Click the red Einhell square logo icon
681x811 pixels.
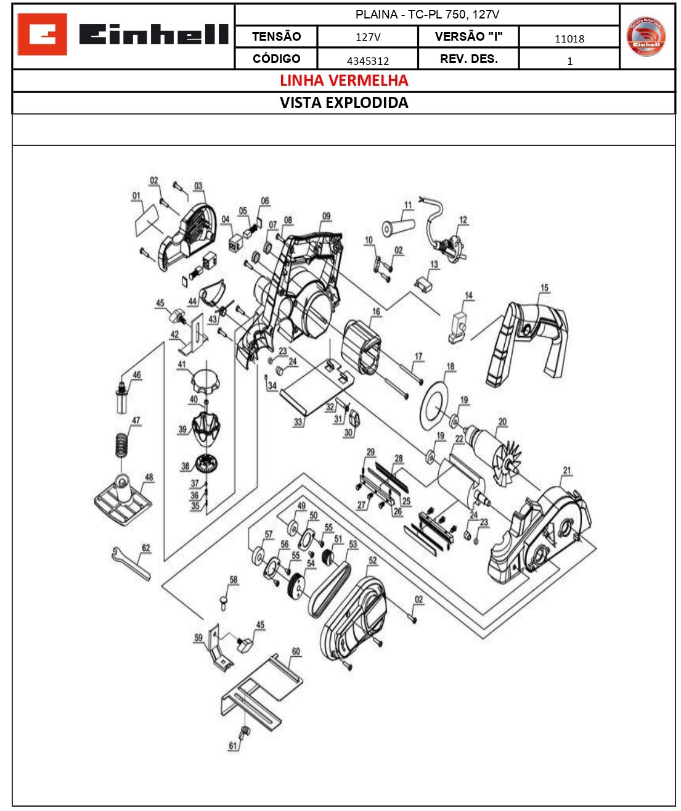(42, 35)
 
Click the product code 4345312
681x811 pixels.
(368, 60)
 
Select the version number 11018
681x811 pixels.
(569, 39)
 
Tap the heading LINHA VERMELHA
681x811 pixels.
(344, 81)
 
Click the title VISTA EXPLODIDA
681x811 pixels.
(344, 103)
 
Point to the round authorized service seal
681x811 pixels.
(646, 37)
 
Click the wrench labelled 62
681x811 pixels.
(131, 563)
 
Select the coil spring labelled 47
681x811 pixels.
(123, 443)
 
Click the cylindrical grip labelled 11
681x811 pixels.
(398, 227)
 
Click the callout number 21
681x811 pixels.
(567, 471)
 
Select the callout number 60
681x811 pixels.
(296, 652)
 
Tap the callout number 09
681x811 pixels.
(326, 216)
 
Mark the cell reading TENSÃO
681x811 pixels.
(276, 36)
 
